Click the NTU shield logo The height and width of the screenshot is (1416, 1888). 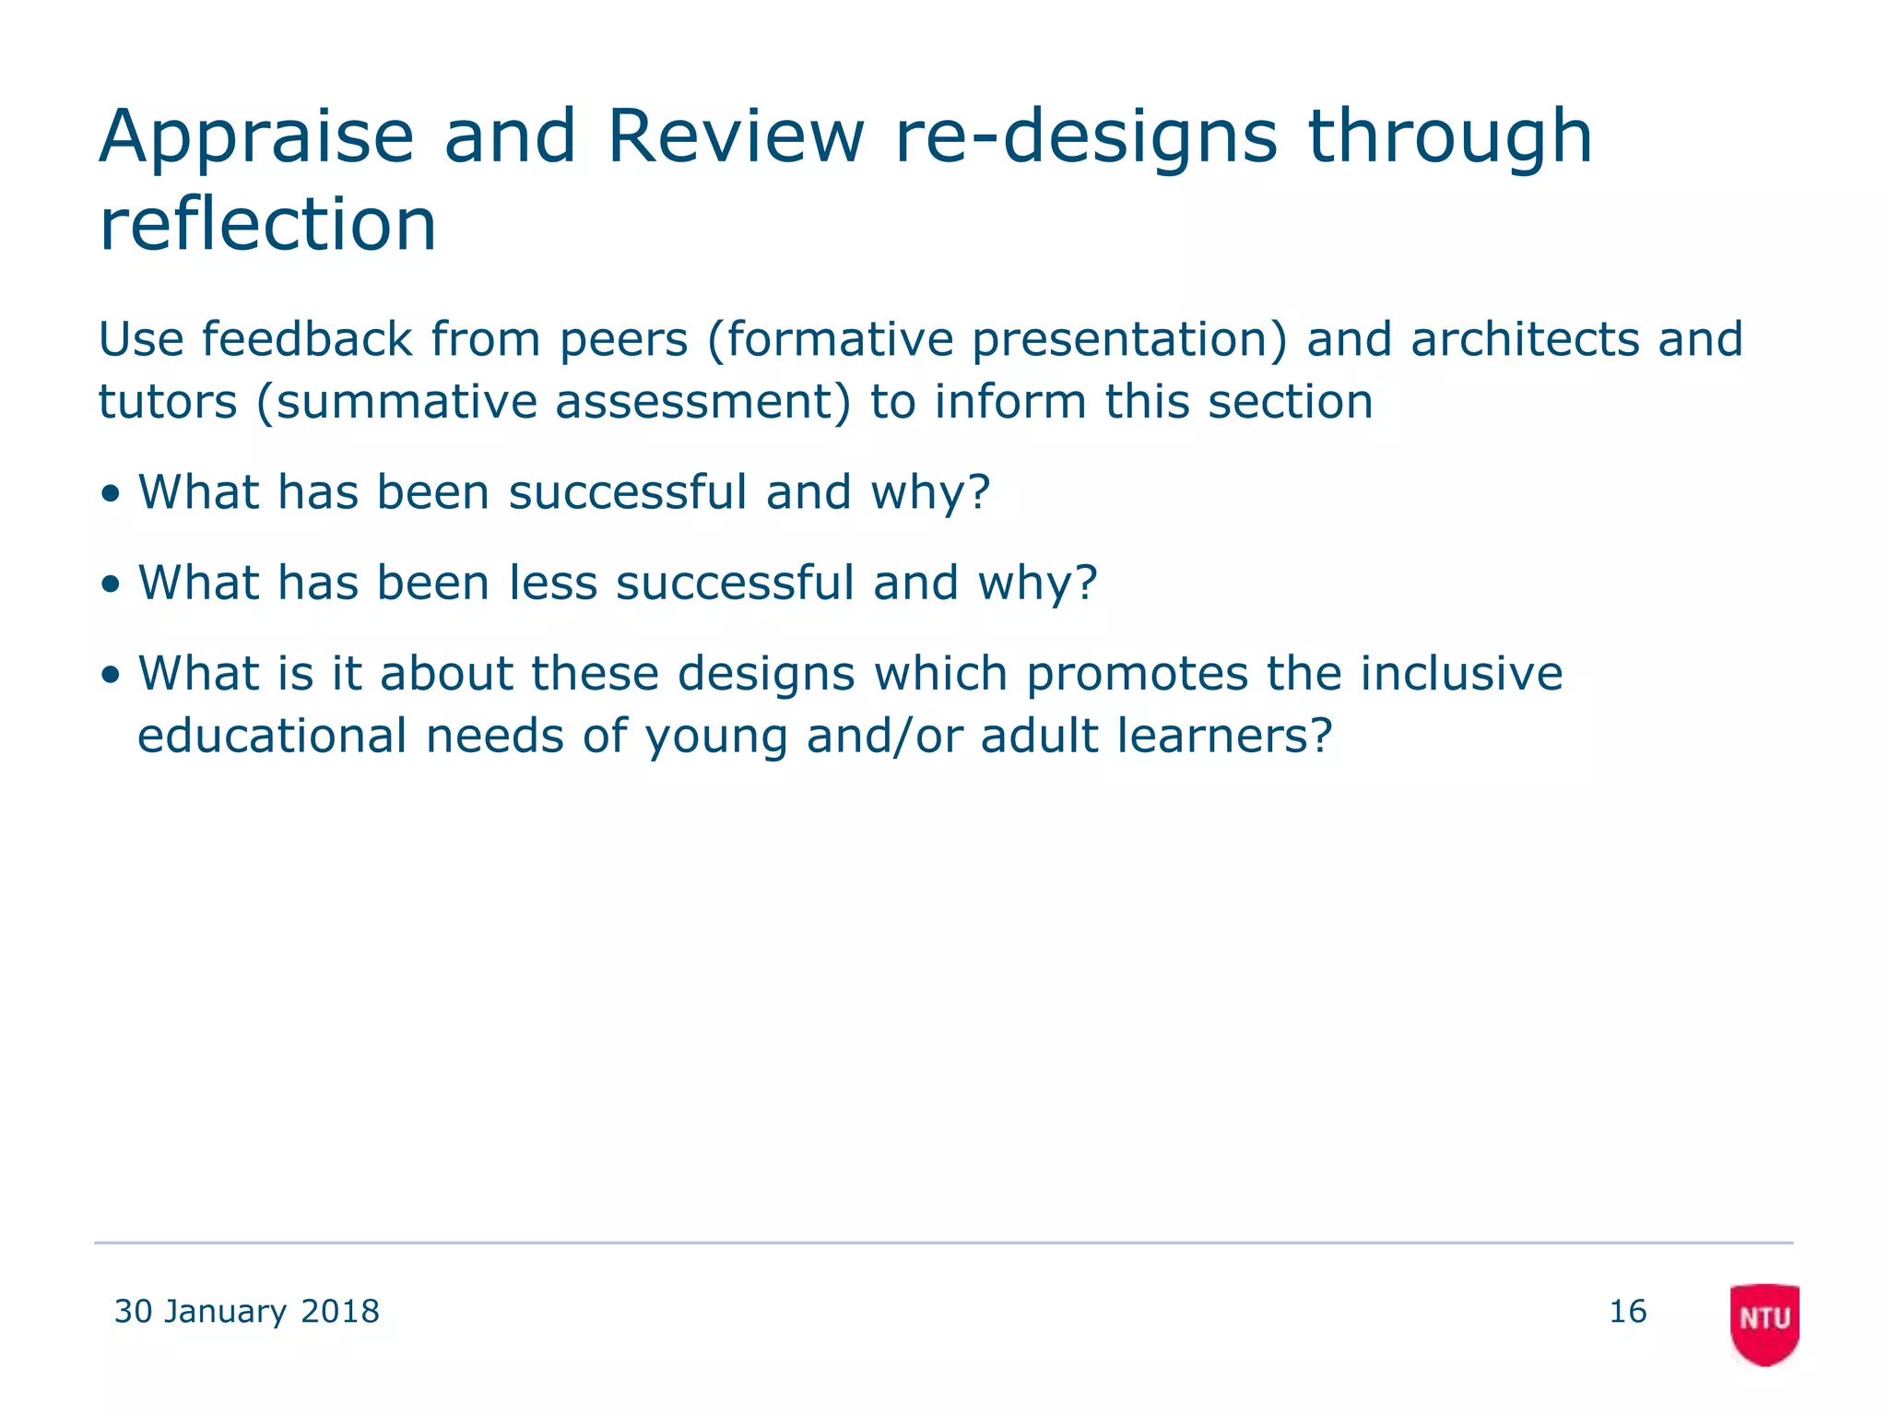pos(1764,1323)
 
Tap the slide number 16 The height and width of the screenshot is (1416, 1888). pos(1627,1311)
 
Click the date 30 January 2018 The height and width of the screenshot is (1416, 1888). pos(246,1311)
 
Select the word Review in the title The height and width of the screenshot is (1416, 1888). pos(736,136)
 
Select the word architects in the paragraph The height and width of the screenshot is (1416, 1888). pos(1525,339)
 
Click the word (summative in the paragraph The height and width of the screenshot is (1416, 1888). pos(395,402)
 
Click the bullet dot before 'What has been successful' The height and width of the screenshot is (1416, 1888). pos(112,493)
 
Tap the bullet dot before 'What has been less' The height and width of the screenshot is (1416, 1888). pos(112,584)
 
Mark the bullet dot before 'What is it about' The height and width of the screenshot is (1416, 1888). pos(112,674)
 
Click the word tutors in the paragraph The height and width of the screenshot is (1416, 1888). pos(168,402)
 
